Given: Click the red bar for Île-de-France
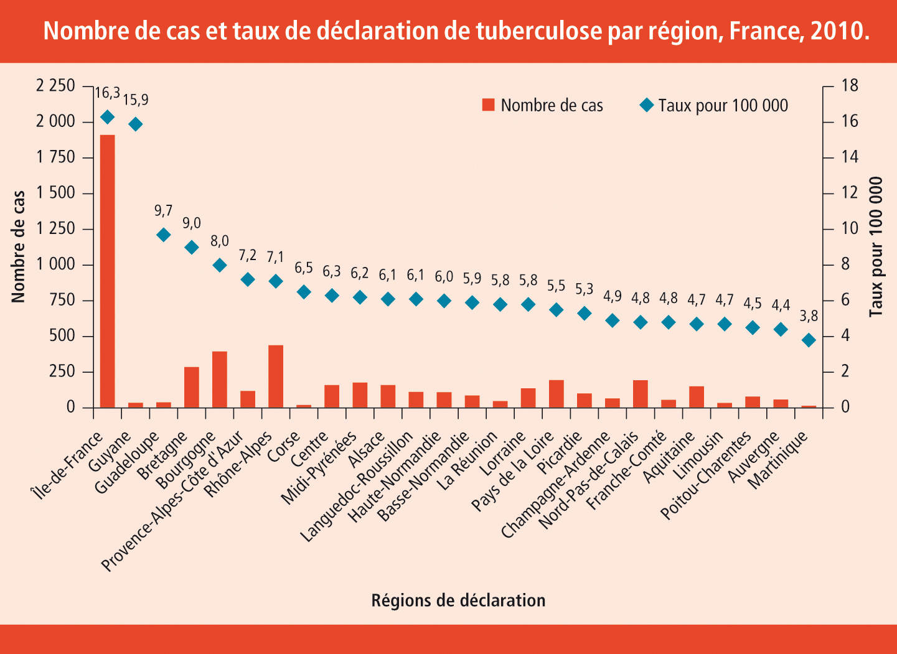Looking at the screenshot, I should coord(107,271).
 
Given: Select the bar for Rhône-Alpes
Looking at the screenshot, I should coord(276,376).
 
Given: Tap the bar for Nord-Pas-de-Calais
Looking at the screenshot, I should coord(641,394).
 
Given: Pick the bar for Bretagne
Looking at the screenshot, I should coord(192,387).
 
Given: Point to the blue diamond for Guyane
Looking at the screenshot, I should coord(136,124).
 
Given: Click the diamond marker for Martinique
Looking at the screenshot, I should coord(809,340).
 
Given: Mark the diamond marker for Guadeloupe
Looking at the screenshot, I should coord(164,235).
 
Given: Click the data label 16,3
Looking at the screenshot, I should coord(107,93).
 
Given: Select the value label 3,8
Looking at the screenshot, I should coord(809,316).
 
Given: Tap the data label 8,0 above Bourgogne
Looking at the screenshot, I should coord(220,241).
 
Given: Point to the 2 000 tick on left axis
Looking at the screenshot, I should coord(55,121).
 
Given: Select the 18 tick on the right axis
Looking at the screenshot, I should coord(850,85).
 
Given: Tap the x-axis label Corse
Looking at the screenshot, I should coord(284,447).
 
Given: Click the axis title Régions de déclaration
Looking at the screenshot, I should coord(458,600).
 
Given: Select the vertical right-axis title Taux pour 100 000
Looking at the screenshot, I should coord(876,246).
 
